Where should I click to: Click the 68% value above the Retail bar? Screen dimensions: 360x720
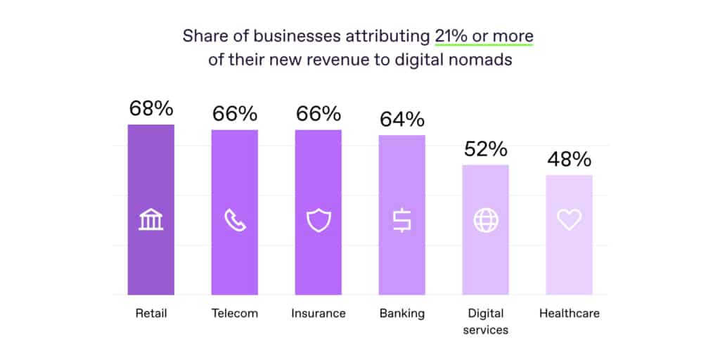pos(150,108)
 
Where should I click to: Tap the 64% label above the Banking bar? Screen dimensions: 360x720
pos(401,119)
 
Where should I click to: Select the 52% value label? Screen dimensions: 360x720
pos(485,149)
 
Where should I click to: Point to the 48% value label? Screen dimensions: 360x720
pos(569,160)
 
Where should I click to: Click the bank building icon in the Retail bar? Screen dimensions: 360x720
pos(150,220)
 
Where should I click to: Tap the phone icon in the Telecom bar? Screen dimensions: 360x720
pos(234,220)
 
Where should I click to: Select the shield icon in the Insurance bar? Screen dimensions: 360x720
pos(318,220)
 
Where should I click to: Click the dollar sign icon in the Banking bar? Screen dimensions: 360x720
pos(401,220)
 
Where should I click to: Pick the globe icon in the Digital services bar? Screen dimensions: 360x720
pos(485,220)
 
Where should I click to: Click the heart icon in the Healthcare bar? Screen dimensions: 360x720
pos(569,220)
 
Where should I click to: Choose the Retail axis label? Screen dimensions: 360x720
pos(150,314)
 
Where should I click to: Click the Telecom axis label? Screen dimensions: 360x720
pos(234,314)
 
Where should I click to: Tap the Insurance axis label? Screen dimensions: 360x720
pos(318,314)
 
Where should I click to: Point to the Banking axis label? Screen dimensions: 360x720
pos(401,314)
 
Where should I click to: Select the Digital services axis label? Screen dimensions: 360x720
pos(485,321)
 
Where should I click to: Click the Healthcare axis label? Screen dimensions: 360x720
pos(569,314)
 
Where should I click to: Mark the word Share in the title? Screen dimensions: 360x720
pos(203,37)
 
